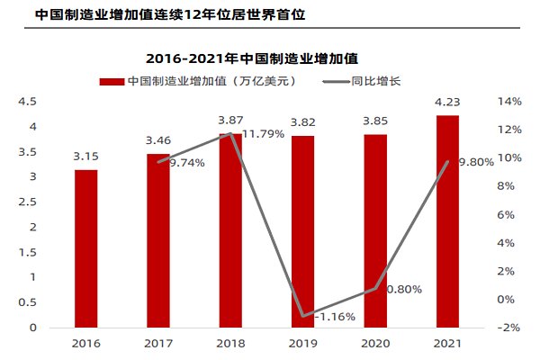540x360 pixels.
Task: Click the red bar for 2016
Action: (86, 248)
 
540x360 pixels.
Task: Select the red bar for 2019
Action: (303, 231)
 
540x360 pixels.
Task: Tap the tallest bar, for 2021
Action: (447, 221)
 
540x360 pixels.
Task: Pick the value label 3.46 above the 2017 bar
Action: (158, 140)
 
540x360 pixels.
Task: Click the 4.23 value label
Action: (447, 102)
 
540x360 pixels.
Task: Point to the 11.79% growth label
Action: (261, 134)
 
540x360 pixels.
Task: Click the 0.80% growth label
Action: (403, 289)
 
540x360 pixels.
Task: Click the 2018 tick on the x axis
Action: (230, 343)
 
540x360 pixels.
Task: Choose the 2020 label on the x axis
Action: (375, 343)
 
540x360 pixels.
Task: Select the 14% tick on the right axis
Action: (509, 102)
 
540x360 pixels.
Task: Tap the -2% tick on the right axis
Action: (509, 328)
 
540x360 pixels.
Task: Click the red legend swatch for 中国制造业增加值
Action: (111, 81)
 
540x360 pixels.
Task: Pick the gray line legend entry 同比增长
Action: (375, 81)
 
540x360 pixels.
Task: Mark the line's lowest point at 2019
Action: (303, 316)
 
